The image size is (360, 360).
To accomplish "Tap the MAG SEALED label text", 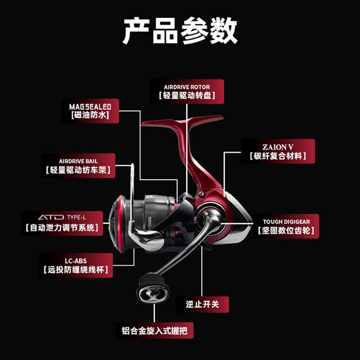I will [x=90, y=107].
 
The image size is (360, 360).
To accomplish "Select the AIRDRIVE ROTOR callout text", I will [x=187, y=87].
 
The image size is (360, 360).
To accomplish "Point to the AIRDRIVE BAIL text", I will [x=78, y=161].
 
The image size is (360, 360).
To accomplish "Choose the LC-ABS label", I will [x=75, y=260].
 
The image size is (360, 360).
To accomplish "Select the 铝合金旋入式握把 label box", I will [x=154, y=331].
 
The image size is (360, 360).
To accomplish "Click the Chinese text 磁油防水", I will [x=90, y=116].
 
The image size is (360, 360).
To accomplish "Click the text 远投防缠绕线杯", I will [x=75, y=271].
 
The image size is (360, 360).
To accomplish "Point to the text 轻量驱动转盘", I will [x=187, y=96].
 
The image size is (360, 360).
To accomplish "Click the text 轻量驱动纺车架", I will [x=78, y=171].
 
